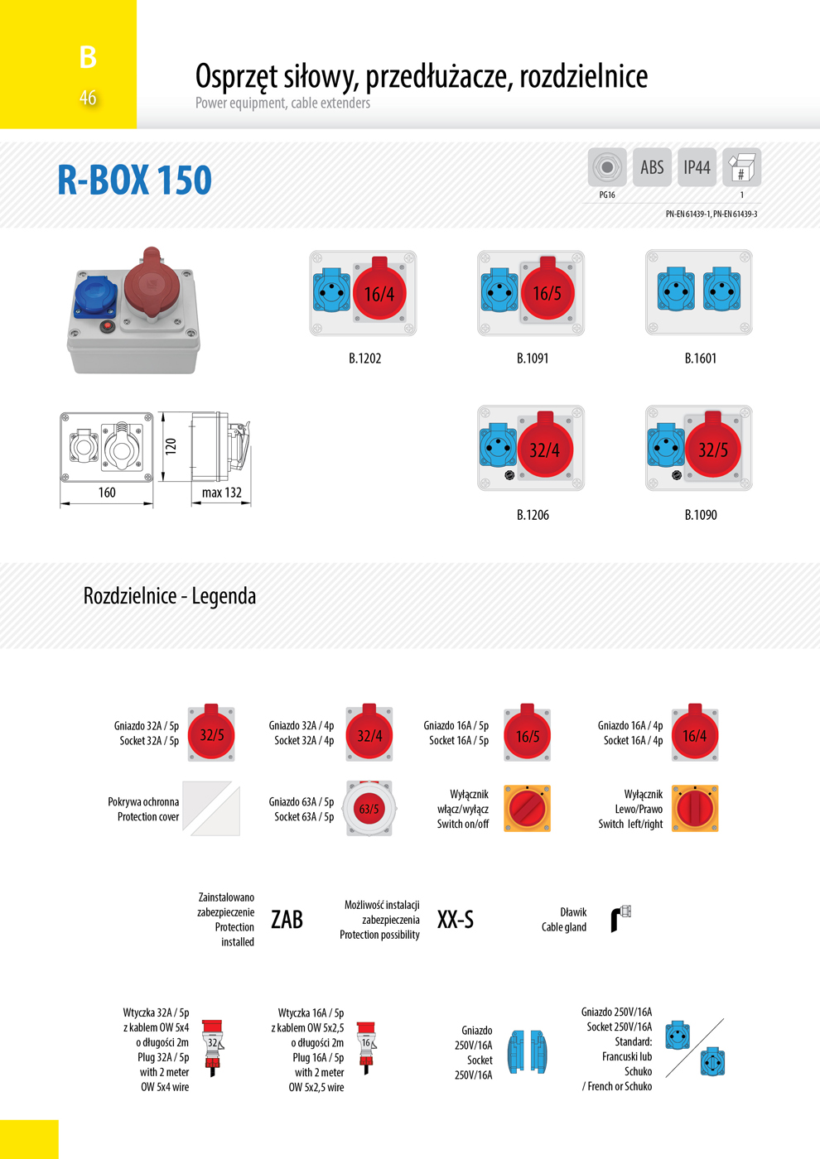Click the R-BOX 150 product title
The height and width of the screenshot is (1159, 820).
pos(134,180)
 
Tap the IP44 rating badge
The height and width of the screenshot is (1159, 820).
pos(697,167)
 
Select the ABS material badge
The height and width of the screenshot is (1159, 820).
pos(652,167)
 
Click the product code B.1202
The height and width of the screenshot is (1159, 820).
pos(365,358)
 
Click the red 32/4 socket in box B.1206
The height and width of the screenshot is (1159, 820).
pos(544,448)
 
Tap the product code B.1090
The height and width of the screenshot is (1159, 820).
pos(701,515)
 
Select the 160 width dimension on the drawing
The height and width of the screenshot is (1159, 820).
pos(107,492)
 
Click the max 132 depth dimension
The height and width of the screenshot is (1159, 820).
pos(222,492)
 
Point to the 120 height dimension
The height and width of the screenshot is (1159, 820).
pos(171,446)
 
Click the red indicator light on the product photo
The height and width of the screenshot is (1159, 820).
pos(107,326)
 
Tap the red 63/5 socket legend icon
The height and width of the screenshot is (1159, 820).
pos(369,808)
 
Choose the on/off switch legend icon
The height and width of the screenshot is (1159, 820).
pos(527,808)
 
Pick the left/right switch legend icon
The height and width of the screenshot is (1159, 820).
pos(695,808)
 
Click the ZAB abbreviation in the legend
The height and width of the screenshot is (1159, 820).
pos(287,920)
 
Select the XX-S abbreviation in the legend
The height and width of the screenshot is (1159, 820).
pos(455,920)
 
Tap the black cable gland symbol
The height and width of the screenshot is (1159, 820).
pos(620,918)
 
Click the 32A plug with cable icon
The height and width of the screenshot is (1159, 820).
pos(212,1048)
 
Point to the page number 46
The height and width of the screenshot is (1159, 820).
pos(88,98)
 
